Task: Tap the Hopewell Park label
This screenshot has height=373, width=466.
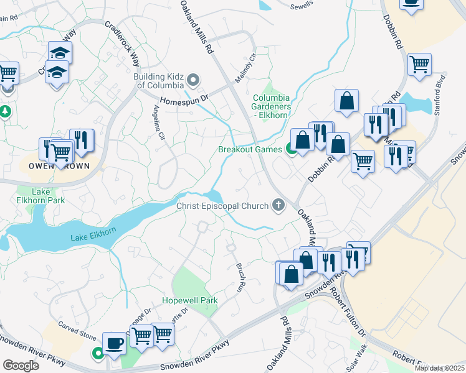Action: (190, 300)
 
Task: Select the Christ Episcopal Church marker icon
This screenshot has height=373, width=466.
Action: (278, 205)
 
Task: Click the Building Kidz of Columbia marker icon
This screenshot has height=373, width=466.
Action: (193, 80)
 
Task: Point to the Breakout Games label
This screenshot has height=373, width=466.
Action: (250, 149)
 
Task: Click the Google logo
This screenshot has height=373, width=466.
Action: (21, 365)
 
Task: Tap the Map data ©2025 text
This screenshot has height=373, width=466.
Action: (439, 368)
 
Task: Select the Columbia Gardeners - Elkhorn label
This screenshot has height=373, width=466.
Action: (271, 106)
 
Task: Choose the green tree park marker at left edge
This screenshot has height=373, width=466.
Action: (6, 112)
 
